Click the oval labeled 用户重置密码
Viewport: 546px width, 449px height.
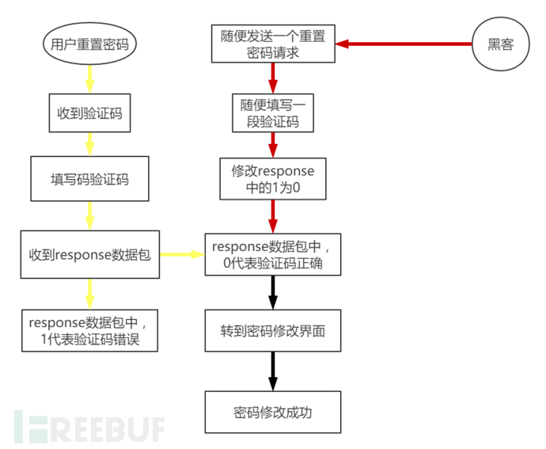tap(89, 45)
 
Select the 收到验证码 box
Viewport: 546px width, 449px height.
tap(89, 112)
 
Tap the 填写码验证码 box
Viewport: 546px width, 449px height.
tap(89, 179)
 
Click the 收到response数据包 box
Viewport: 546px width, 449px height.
tap(89, 254)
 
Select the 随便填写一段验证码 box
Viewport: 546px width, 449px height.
tap(273, 112)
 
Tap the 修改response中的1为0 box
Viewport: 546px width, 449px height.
tap(273, 178)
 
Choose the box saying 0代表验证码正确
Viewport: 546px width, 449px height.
tap(273, 254)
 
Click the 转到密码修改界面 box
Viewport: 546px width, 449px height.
tap(273, 333)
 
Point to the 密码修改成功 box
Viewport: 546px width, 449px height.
tap(273, 411)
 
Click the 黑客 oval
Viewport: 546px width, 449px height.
tap(501, 44)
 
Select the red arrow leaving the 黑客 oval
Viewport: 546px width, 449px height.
tap(404, 44)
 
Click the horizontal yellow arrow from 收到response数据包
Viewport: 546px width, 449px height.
tap(182, 255)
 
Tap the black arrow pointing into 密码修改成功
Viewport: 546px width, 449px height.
tap(273, 371)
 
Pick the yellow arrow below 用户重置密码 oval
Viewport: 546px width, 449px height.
tap(89, 77)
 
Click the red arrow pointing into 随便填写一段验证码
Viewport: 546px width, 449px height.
tap(273, 78)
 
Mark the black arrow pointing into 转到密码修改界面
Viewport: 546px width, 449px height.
tap(273, 294)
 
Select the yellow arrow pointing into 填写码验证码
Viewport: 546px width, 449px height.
tap(89, 144)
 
